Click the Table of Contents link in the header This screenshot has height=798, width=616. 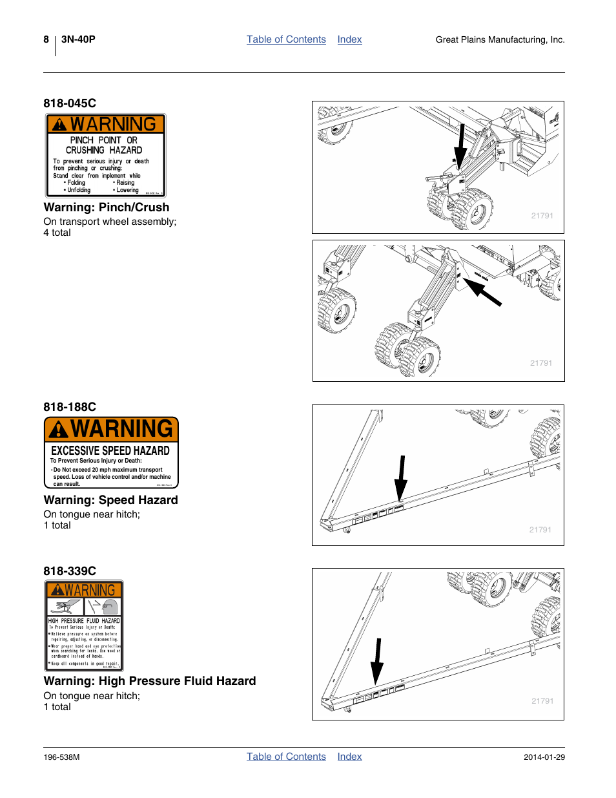point(286,39)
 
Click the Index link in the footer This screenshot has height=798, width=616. point(349,757)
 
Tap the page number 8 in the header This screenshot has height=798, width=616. point(46,39)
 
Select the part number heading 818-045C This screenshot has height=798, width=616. point(70,103)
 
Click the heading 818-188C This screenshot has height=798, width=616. point(70,407)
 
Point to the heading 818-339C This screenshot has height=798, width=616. point(70,571)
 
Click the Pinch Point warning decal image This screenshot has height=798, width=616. point(105,156)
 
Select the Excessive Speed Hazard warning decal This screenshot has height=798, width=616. point(111,452)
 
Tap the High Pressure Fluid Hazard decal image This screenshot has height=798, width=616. point(84,625)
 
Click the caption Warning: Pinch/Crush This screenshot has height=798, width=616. point(107,207)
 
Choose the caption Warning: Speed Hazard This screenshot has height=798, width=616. point(110,500)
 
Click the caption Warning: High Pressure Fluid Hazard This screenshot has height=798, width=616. point(150,681)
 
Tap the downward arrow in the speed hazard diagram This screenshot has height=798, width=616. point(401,478)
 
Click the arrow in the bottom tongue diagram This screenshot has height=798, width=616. point(377,661)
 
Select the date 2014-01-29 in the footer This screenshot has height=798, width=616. point(544,757)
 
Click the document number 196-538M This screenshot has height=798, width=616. point(61,757)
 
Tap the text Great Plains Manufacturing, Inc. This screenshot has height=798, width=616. point(500,40)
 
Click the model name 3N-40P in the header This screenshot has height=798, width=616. point(78,39)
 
